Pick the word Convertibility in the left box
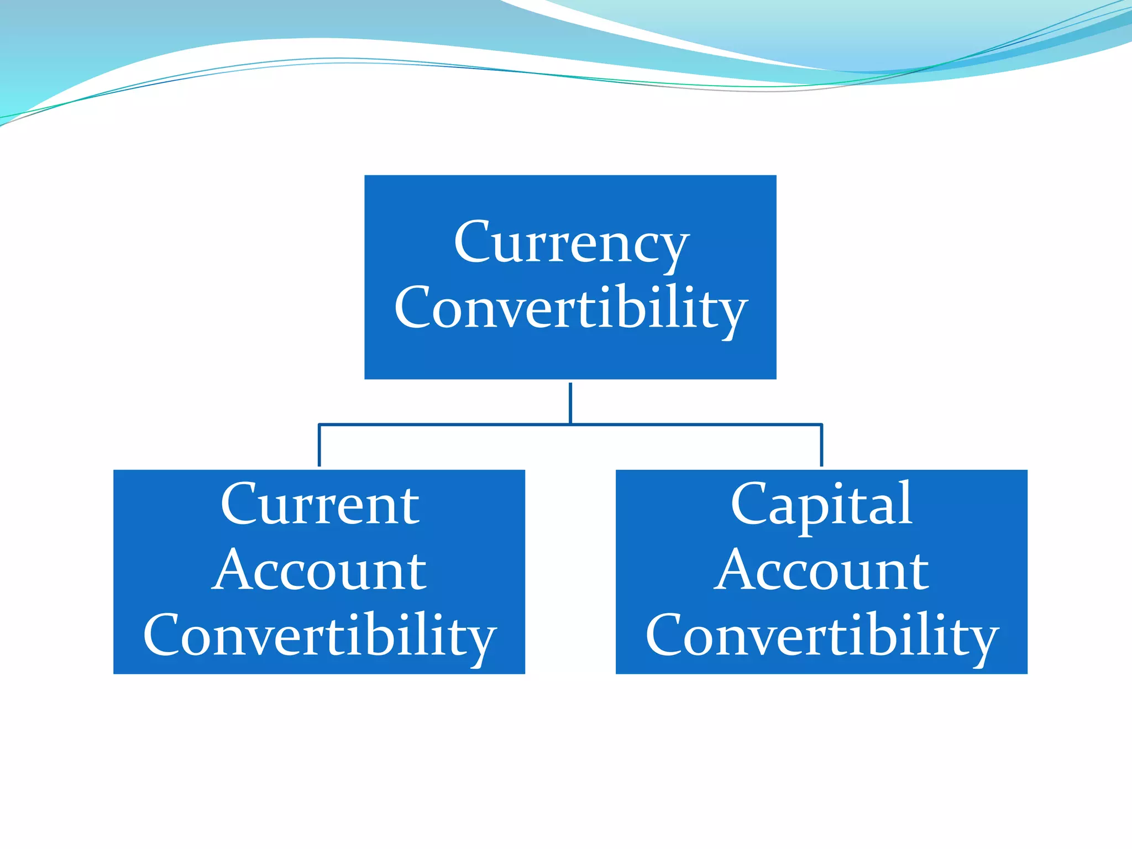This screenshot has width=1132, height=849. pos(319,636)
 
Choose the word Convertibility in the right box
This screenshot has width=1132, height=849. pos(821,636)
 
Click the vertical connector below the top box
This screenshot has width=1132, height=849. pos(570,402)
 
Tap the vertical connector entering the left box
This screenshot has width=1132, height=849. pos(319,446)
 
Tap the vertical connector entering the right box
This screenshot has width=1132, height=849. pos(821,446)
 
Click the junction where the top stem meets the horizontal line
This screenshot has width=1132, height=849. pos(570,424)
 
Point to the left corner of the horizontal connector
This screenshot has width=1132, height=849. pos(319,424)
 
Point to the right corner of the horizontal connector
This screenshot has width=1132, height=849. pos(821,424)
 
